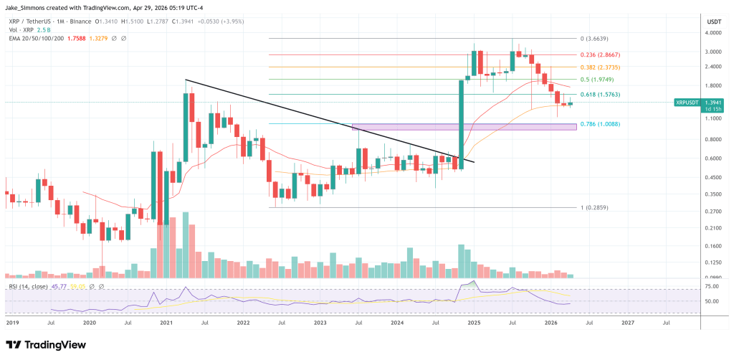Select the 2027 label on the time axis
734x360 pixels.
click(x=628, y=323)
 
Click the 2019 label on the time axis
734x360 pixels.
click(x=12, y=323)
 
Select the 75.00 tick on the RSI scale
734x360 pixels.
click(x=712, y=287)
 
